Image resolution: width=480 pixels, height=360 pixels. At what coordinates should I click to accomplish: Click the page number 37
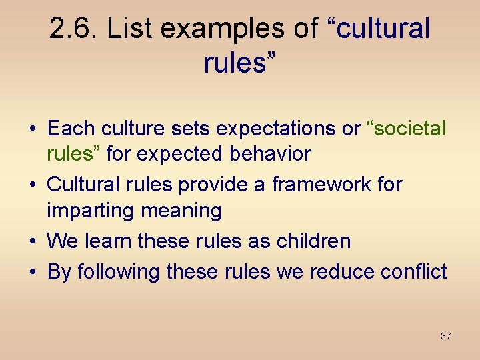tap(446, 336)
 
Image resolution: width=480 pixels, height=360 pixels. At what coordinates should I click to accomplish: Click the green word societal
tap(409, 128)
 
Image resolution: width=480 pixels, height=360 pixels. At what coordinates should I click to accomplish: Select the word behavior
tap(270, 154)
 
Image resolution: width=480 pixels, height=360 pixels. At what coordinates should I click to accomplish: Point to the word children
tap(311, 241)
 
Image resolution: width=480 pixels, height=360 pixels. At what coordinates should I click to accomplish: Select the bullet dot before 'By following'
tap(33, 271)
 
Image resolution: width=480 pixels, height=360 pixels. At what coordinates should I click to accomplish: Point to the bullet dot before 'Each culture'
tap(33, 129)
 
